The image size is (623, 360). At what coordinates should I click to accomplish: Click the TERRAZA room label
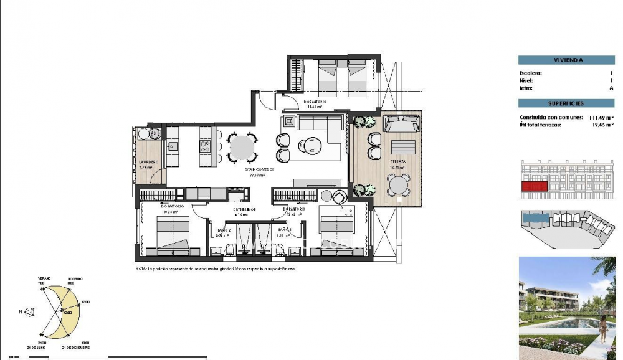pos(399,161)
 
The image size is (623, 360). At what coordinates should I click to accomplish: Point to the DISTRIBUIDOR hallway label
pos(245,209)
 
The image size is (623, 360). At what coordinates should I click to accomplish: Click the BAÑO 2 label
pos(223,230)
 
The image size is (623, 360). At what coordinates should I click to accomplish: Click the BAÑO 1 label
pos(283,230)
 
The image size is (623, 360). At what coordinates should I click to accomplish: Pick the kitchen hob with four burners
pos(205,146)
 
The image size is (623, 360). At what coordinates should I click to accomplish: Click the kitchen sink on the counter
pos(173,146)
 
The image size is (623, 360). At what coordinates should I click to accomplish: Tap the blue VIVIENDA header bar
pos(566,60)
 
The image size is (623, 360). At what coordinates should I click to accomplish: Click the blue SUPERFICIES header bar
pos(566,103)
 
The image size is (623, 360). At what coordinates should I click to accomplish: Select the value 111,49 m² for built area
pos(599,117)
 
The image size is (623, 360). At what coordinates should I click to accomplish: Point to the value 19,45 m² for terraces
pos(600,125)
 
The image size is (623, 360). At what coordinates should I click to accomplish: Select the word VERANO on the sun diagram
pos(43,280)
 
